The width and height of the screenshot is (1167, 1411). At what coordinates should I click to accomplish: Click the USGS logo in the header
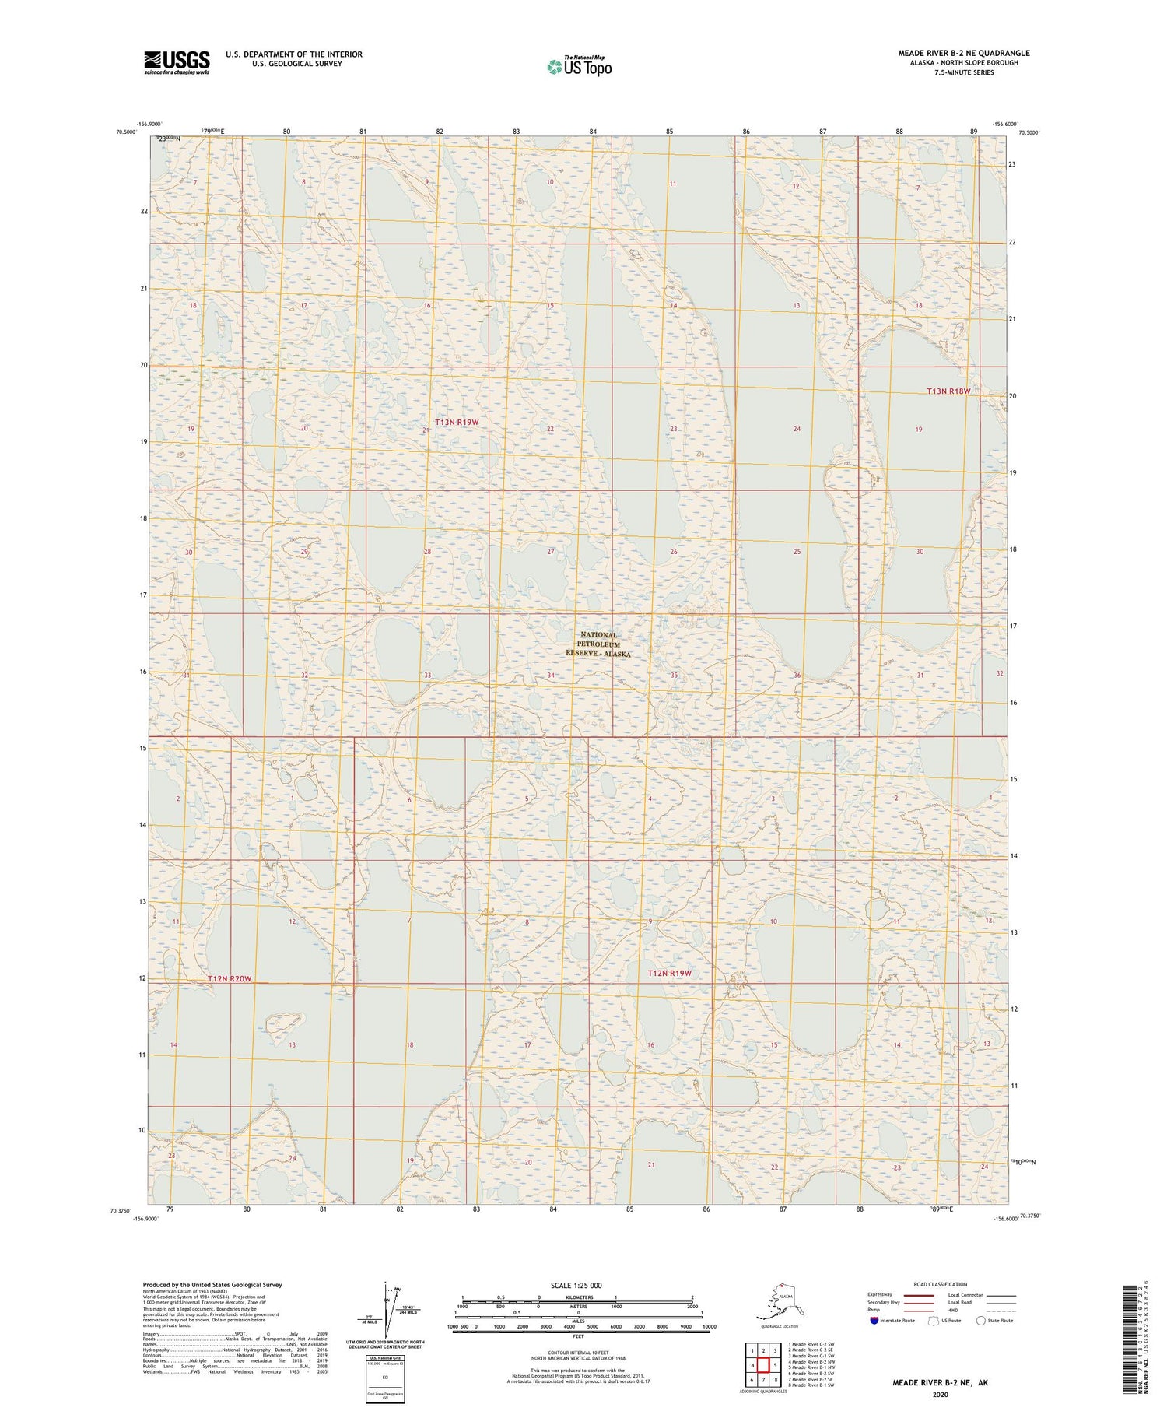tap(177, 62)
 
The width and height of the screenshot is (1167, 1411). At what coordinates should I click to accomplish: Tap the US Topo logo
tap(579, 67)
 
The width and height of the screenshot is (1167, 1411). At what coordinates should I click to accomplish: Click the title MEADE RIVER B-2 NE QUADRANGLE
tap(964, 53)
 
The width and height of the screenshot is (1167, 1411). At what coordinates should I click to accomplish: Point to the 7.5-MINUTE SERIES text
tap(964, 72)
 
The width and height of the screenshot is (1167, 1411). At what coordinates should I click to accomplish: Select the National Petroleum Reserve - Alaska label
tap(598, 644)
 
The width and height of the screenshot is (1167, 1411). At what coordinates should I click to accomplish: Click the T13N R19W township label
tap(457, 422)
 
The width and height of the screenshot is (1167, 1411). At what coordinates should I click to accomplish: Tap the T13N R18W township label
tap(948, 391)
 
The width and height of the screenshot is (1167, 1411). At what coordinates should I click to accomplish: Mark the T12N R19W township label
tap(669, 973)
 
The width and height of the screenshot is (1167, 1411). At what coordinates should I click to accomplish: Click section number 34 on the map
tap(551, 675)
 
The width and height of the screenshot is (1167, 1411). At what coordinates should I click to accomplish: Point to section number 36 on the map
tap(797, 675)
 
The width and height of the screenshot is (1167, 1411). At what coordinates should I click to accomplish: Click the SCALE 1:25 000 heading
tap(576, 1285)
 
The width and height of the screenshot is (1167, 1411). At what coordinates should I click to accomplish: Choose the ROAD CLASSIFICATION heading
tap(941, 1284)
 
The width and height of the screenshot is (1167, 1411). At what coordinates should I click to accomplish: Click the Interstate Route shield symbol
tap(874, 1321)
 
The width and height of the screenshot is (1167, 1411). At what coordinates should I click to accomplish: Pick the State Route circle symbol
tap(980, 1321)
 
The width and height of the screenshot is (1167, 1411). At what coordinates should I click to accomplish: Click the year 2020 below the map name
tap(941, 1395)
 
